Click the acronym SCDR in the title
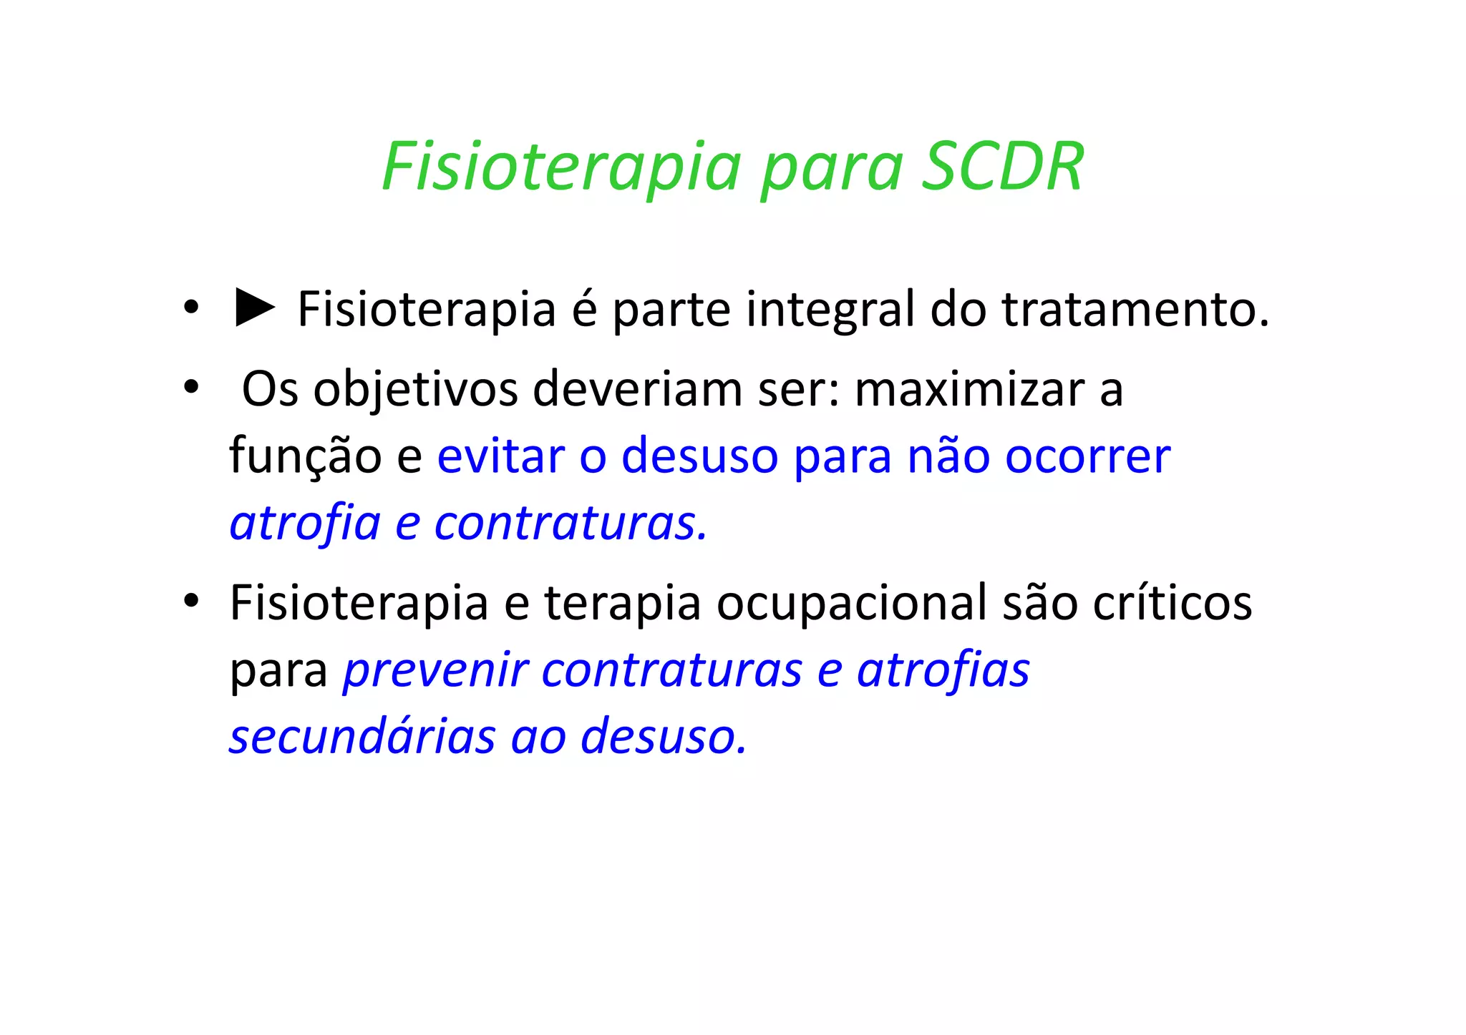[x=1002, y=167]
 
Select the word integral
[x=830, y=310]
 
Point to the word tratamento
[x=1135, y=310]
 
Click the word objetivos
[x=415, y=390]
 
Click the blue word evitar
[x=500, y=456]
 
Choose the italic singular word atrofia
[x=305, y=523]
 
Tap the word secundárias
[x=361, y=737]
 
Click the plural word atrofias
[x=943, y=670]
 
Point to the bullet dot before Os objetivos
[x=190, y=388]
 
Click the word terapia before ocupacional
[x=622, y=603]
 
